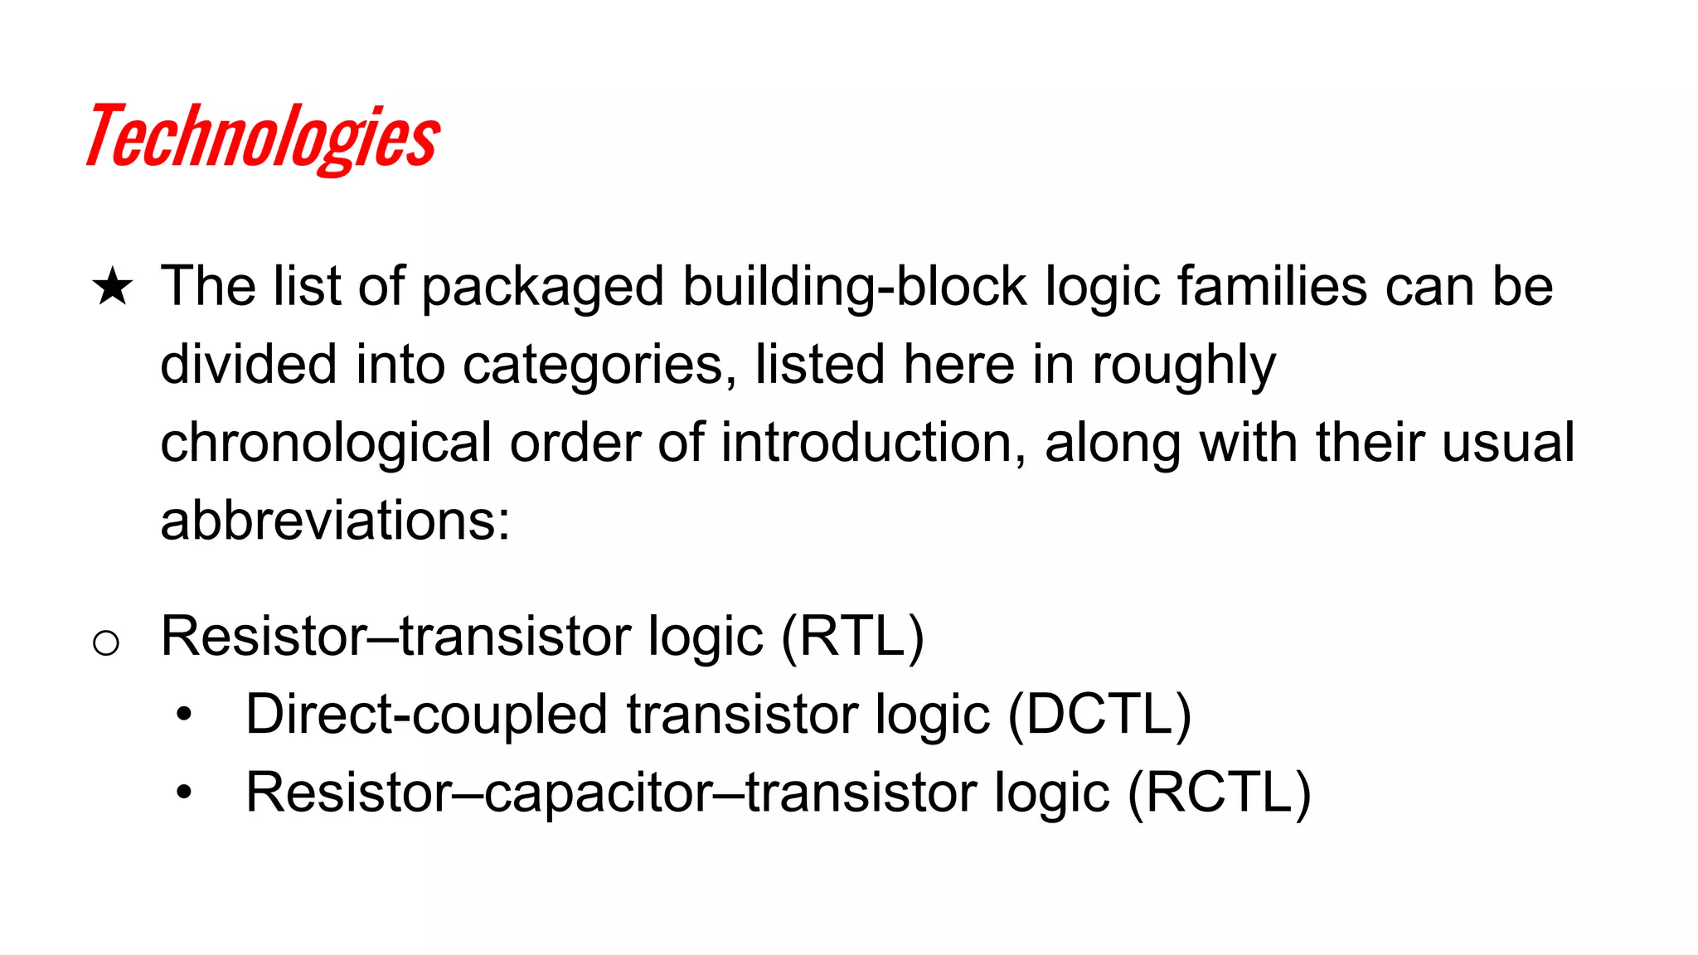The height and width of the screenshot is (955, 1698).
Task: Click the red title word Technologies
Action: coord(263,137)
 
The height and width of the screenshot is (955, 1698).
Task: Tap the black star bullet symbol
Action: coord(112,288)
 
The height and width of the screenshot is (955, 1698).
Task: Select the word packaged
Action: coord(543,287)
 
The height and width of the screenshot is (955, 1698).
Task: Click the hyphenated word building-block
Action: coord(855,287)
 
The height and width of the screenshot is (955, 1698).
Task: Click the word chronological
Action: coord(326,443)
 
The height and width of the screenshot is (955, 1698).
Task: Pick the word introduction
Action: coord(866,443)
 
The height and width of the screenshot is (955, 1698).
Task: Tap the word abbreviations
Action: coord(335,521)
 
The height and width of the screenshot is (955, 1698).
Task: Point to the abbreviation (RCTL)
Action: coord(1219,793)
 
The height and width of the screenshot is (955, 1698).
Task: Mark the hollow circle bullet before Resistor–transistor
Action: coord(106,642)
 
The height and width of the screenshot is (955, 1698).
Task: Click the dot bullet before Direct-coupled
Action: coord(183,715)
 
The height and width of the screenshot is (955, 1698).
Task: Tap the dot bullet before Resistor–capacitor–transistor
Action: coord(183,793)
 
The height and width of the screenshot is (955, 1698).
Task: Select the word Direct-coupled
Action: coord(427,715)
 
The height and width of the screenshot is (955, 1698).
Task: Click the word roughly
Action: coord(1183,365)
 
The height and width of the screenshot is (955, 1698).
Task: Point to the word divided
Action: coord(248,365)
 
